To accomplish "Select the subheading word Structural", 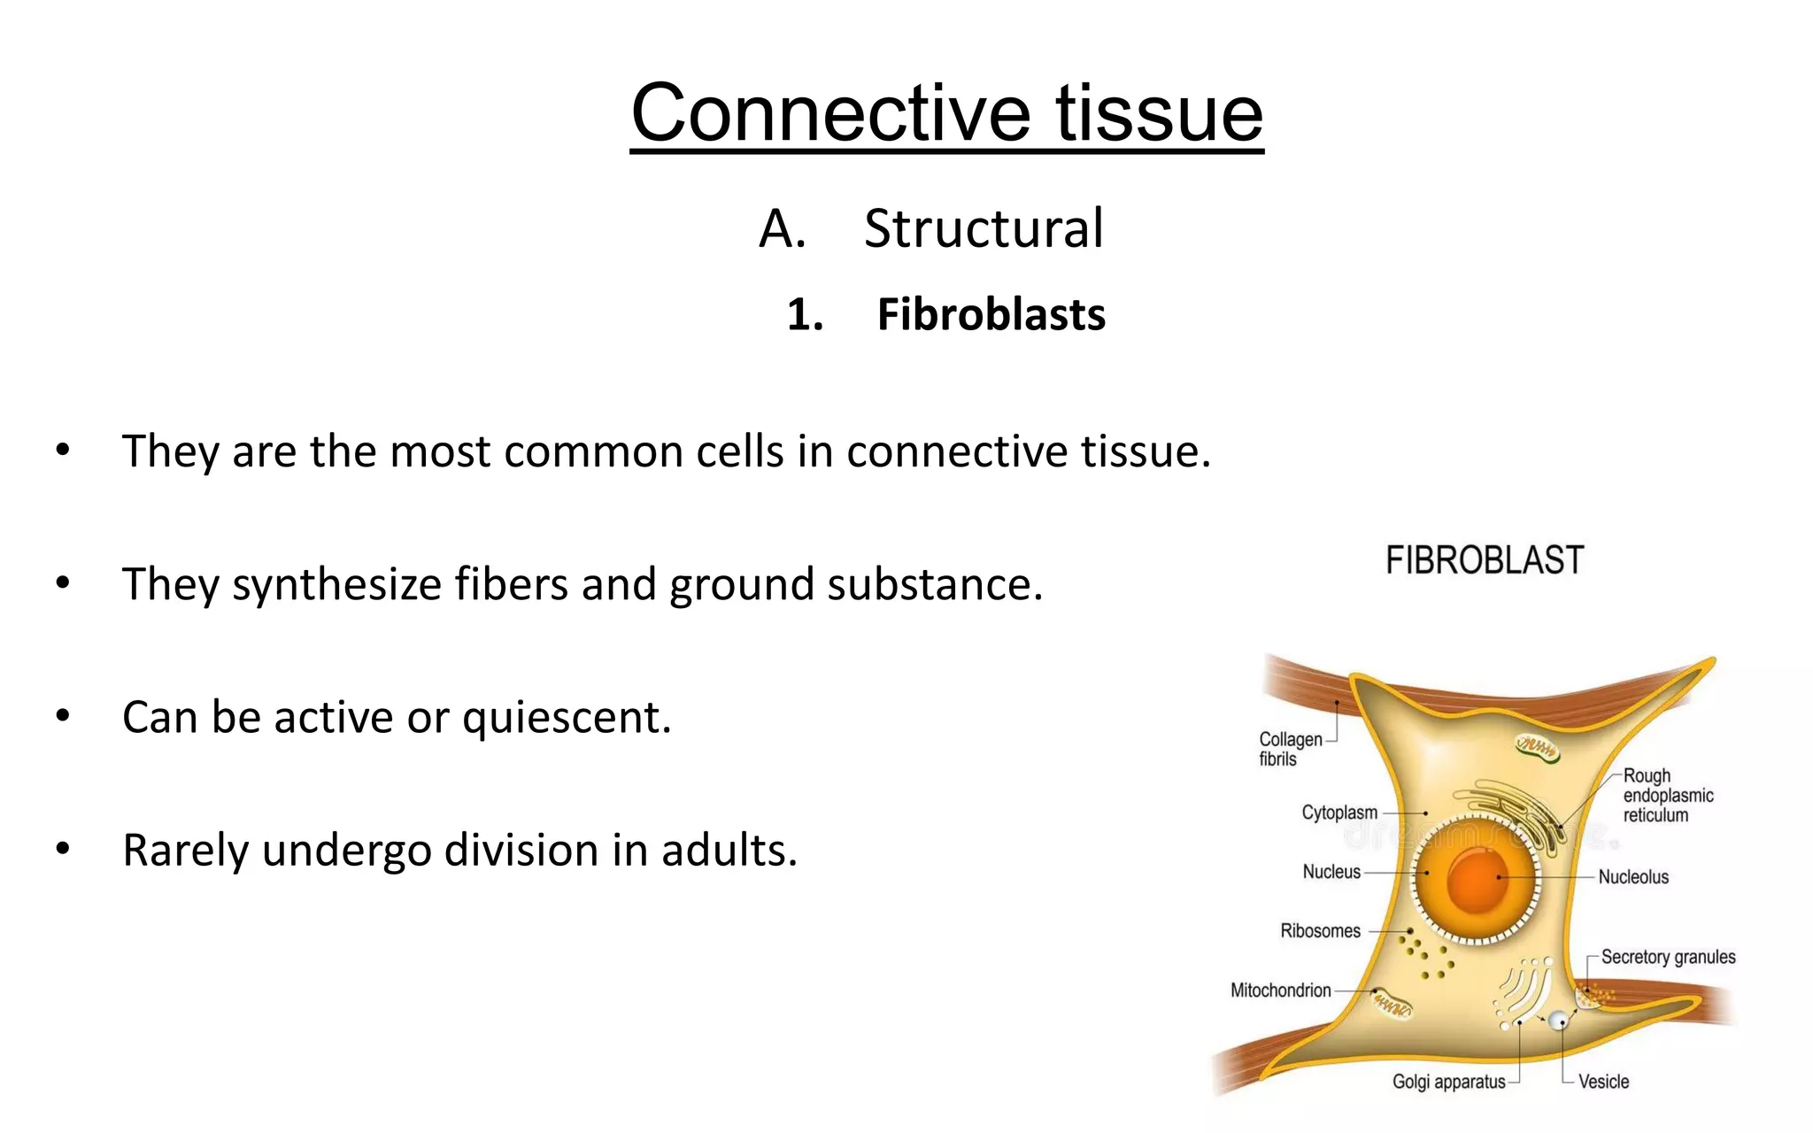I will coord(983,228).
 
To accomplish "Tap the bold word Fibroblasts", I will coord(991,315).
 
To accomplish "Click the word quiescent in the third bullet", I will coord(567,717).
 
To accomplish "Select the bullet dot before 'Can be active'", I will coord(62,715).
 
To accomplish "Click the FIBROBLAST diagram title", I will coord(1484,560).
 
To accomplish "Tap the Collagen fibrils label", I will coord(1289,749).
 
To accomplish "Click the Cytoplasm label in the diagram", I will coord(1339,813).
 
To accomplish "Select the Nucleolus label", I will coord(1633,877).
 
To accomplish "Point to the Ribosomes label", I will coord(1320,931).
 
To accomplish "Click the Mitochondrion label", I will coord(1280,990).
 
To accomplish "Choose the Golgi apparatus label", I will coord(1448,1082).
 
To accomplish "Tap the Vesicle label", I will coord(1603,1082).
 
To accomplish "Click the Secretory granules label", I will coord(1668,957).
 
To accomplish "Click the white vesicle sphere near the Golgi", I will coord(1557,1021).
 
